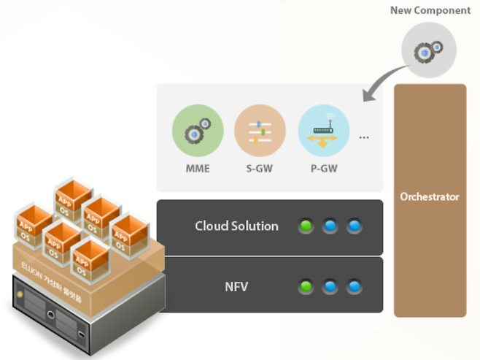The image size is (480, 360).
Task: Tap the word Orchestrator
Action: point(430,196)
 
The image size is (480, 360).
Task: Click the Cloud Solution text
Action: point(236,226)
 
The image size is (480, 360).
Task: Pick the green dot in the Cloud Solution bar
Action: point(306,226)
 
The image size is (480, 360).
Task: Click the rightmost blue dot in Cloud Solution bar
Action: point(354,226)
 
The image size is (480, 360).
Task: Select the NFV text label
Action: point(236,286)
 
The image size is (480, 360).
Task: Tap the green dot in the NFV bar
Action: point(306,286)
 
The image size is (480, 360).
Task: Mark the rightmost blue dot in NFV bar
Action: point(354,286)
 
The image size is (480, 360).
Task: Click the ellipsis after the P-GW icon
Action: point(364,137)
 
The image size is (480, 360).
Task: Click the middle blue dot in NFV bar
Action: point(330,286)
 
